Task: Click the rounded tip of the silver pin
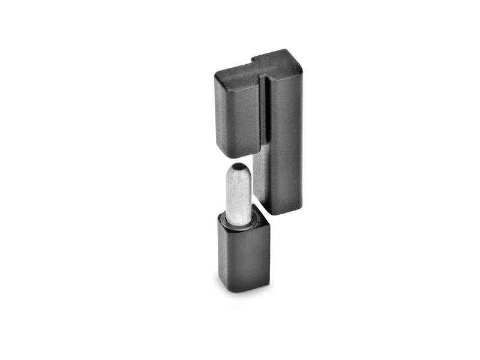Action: click(239, 170)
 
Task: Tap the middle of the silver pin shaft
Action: click(239, 195)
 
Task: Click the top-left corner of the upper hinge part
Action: click(216, 76)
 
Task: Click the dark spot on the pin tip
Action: click(239, 166)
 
